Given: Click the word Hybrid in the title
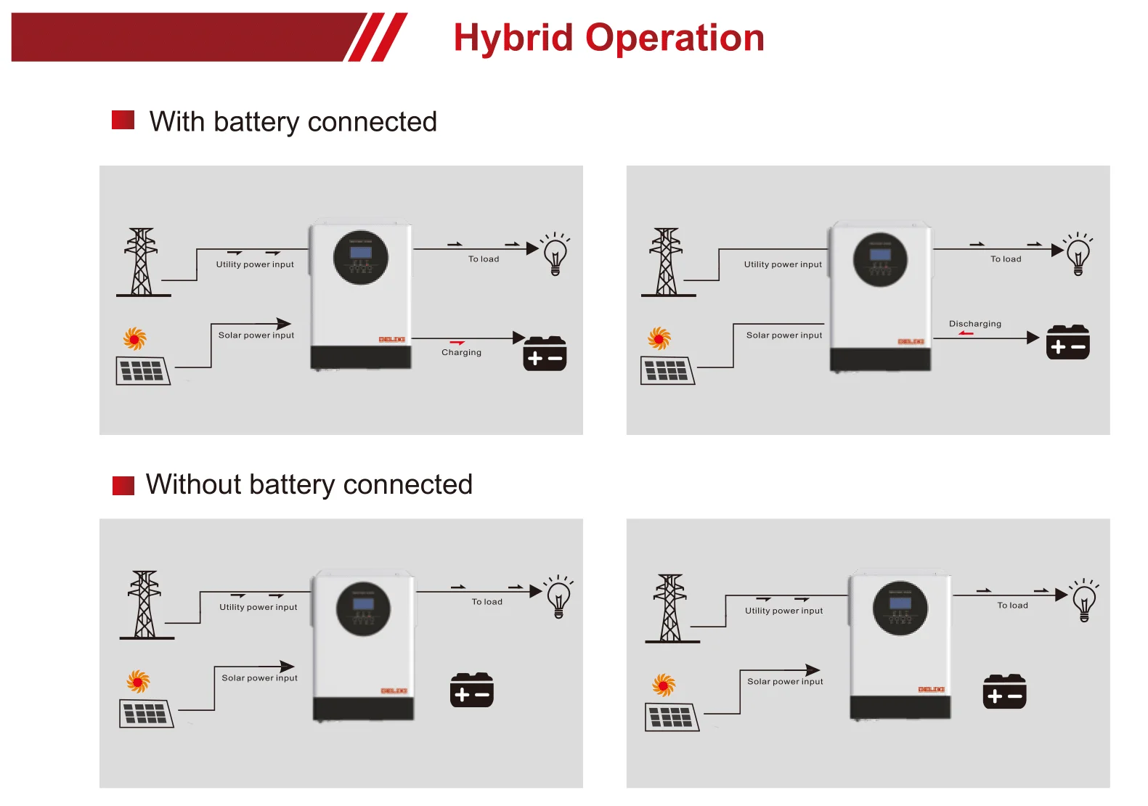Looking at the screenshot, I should click(x=513, y=38).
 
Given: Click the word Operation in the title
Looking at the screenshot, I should click(x=675, y=38).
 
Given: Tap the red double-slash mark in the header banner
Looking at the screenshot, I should click(x=377, y=37).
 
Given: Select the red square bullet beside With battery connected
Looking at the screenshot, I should click(x=123, y=120).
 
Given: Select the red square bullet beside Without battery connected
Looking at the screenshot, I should click(x=123, y=485).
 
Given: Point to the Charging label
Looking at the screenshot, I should click(x=461, y=352).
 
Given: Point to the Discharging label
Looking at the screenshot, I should click(x=974, y=324).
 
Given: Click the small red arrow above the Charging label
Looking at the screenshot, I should click(x=457, y=343).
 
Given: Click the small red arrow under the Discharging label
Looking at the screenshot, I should click(x=966, y=333).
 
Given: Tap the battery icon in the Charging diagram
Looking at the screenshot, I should click(x=545, y=354).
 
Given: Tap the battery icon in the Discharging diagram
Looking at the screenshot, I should click(x=1067, y=342).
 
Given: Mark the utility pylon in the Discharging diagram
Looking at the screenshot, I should click(x=667, y=262).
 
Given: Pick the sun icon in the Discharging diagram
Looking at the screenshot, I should click(x=659, y=338).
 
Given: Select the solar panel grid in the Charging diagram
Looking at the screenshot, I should click(x=143, y=370).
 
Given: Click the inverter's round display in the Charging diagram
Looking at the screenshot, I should click(x=361, y=258).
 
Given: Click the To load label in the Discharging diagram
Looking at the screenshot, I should click(x=1006, y=259).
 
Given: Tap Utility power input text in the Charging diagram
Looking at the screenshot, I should click(x=255, y=265).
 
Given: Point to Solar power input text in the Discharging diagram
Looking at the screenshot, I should click(x=784, y=335).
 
